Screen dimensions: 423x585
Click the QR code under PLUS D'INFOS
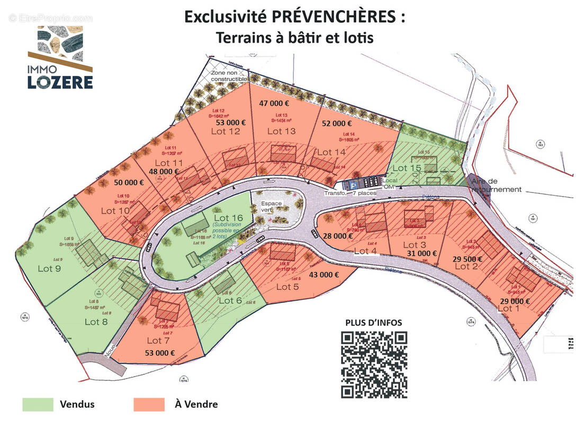(374, 365)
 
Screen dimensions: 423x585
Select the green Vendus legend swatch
(38, 404)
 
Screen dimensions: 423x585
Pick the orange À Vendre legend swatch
(149, 404)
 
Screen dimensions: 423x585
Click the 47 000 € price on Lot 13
(274, 104)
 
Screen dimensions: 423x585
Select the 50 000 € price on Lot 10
(129, 182)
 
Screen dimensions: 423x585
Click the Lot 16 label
(228, 217)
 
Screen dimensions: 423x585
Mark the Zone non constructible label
(229, 76)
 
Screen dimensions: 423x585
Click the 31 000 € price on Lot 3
(422, 253)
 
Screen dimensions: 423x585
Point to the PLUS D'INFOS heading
(373, 323)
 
